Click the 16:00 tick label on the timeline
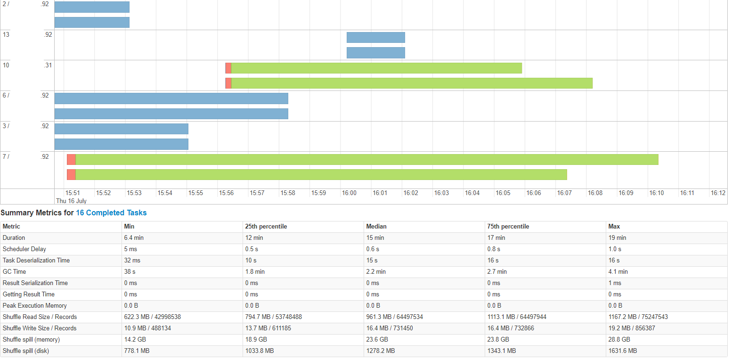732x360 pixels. point(349,193)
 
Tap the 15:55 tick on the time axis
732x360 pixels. point(195,193)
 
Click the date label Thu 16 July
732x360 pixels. point(71,201)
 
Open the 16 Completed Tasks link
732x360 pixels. point(111,213)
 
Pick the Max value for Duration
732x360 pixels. point(617,238)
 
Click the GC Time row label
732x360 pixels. point(14,272)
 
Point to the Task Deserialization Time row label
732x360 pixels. point(36,261)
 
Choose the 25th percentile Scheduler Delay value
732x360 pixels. point(251,249)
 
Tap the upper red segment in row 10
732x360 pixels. point(228,68)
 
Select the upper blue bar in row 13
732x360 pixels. point(375,38)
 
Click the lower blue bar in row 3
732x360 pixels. point(121,144)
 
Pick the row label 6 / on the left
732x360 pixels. point(6,96)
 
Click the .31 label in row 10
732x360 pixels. point(48,65)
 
